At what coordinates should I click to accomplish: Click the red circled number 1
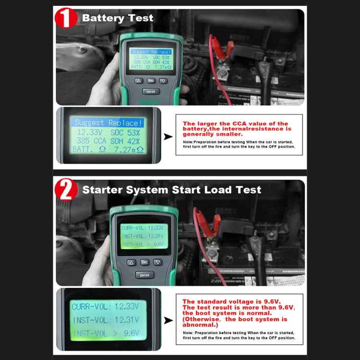click(67, 18)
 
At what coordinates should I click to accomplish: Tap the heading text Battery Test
click(118, 18)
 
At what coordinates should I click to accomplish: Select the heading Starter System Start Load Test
click(172, 190)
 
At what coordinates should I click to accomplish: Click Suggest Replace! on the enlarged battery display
click(109, 123)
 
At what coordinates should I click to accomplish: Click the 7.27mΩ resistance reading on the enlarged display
click(128, 150)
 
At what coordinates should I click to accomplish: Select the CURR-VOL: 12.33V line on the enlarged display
click(105, 306)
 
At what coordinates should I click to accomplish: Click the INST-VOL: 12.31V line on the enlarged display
click(105, 320)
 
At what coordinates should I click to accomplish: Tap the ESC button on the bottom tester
click(144, 262)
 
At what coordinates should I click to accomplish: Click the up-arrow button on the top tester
click(138, 81)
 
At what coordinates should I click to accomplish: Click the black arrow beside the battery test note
click(167, 137)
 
